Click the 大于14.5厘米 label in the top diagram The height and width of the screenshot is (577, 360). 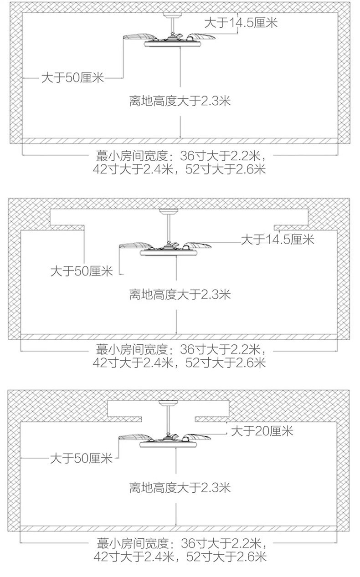[x=241, y=23]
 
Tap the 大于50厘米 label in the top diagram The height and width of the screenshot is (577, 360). [x=72, y=77]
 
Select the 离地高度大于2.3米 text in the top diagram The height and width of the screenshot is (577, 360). [x=180, y=101]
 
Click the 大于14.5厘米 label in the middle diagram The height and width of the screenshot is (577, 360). [x=278, y=240]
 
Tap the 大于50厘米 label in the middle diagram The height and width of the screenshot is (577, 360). [x=82, y=271]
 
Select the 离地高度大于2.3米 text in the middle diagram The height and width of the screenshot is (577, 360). [x=180, y=294]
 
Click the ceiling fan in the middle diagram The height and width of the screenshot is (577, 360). [x=165, y=248]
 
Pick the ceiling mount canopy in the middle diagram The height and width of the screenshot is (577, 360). [x=169, y=211]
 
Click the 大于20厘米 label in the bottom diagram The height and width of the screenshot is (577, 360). [x=262, y=431]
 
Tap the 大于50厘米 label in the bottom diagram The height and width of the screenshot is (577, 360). [x=81, y=459]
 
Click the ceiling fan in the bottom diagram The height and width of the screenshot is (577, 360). [x=165, y=440]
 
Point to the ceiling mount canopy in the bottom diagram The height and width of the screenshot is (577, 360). [x=168, y=403]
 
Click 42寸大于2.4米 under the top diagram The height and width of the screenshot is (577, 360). [x=133, y=169]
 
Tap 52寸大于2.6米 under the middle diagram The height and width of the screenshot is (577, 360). [x=226, y=363]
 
